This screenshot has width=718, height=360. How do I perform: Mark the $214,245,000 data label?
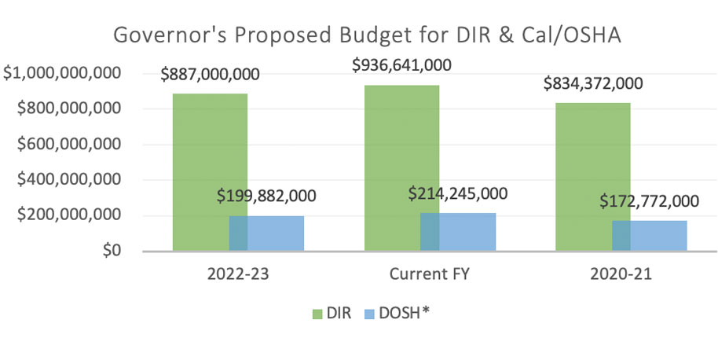458,193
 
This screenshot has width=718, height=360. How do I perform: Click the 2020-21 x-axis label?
623,277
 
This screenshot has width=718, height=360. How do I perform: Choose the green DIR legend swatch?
317,314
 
